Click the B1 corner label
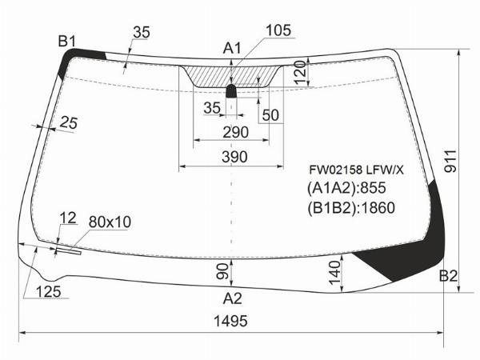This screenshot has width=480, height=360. click(x=66, y=41)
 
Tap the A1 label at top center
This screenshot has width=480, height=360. click(x=232, y=48)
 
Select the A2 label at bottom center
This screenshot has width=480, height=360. click(x=232, y=298)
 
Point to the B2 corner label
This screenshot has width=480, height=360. click(x=448, y=276)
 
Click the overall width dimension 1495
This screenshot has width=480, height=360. click(x=230, y=321)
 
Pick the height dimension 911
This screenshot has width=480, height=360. click(x=450, y=162)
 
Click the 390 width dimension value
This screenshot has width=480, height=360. click(x=234, y=157)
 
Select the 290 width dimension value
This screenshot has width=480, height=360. click(x=235, y=132)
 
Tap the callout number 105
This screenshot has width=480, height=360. click(x=278, y=30)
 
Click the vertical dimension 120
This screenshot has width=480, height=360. click(x=300, y=72)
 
